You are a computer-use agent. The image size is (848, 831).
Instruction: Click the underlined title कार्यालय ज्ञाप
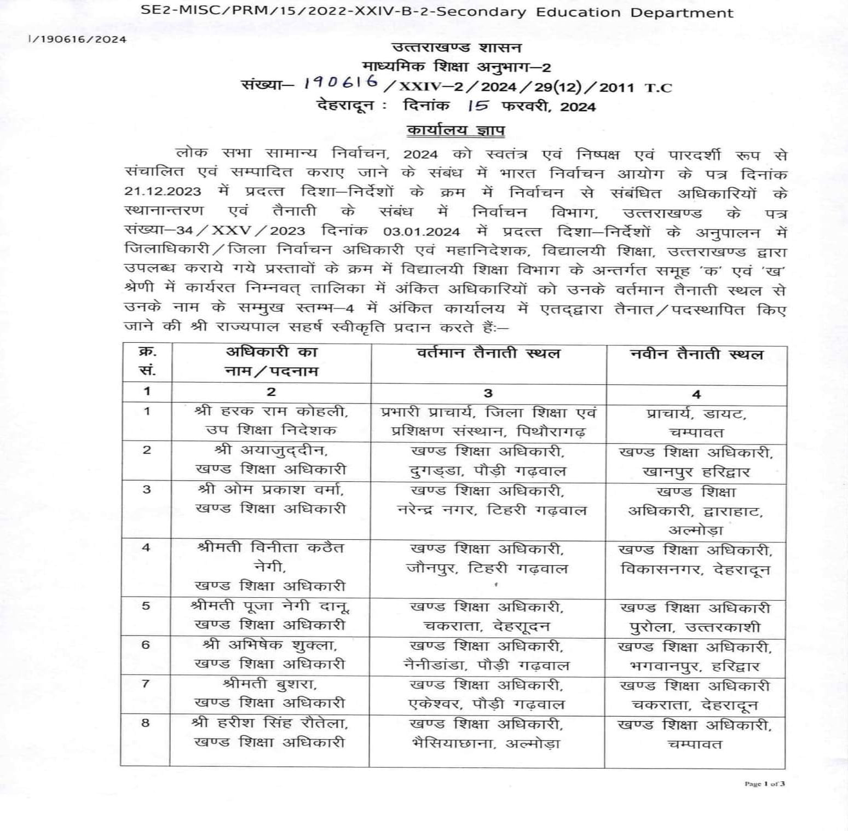[456, 130]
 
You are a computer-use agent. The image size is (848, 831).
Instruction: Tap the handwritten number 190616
[341, 82]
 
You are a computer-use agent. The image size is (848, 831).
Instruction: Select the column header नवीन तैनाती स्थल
[696, 355]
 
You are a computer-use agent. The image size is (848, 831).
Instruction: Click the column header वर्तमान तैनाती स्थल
[488, 354]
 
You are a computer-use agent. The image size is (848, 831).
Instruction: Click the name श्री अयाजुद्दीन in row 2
[271, 451]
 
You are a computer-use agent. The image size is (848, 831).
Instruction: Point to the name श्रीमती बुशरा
[270, 684]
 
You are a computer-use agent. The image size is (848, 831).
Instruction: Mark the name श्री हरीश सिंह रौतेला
[270, 723]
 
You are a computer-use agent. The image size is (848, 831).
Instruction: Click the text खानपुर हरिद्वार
[696, 472]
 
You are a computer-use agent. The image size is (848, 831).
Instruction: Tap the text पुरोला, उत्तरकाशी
[695, 627]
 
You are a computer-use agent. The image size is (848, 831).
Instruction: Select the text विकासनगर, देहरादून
[695, 570]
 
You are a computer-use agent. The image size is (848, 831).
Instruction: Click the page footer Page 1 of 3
[764, 784]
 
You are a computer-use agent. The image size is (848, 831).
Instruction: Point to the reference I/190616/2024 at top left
[77, 39]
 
